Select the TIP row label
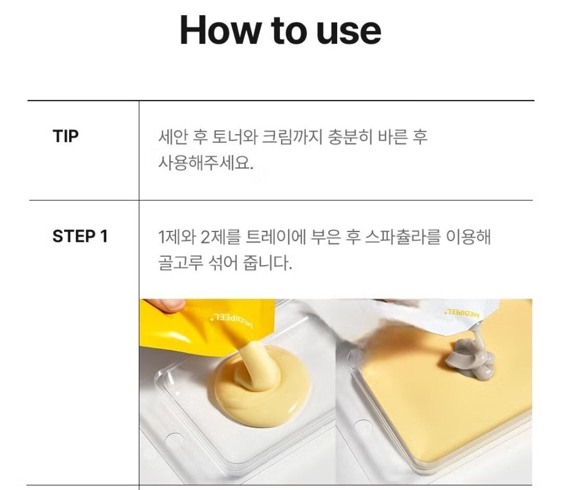pyautogui.click(x=65, y=136)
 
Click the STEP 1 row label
pyautogui.click(x=80, y=236)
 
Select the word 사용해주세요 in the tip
pyautogui.click(x=206, y=164)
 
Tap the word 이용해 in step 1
pyautogui.click(x=468, y=237)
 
